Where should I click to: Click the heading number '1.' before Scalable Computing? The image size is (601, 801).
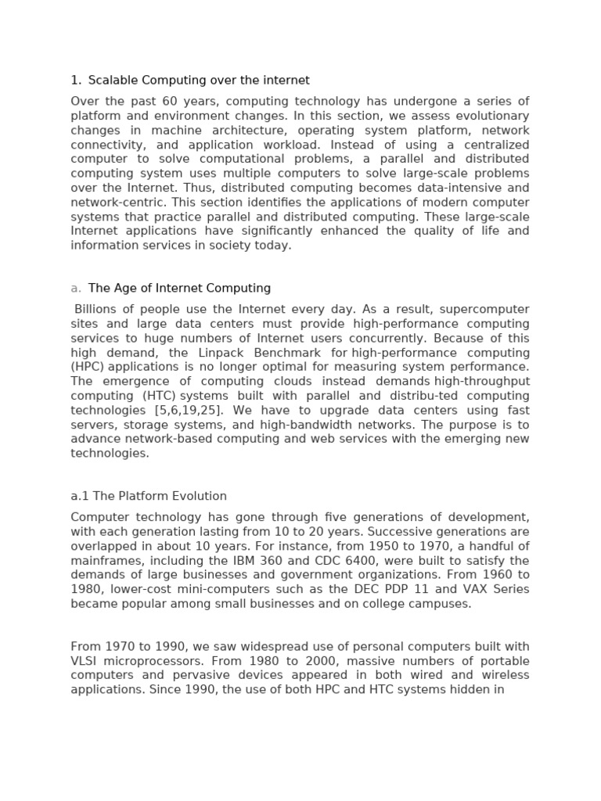76,81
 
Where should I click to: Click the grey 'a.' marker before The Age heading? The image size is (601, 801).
76,289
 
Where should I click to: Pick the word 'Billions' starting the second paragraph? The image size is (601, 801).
98,310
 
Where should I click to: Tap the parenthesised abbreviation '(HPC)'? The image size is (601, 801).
88,367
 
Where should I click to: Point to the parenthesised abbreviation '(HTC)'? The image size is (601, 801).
160,396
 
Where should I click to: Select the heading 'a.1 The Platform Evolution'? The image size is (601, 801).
149,496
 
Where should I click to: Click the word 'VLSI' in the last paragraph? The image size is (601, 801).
85,661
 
